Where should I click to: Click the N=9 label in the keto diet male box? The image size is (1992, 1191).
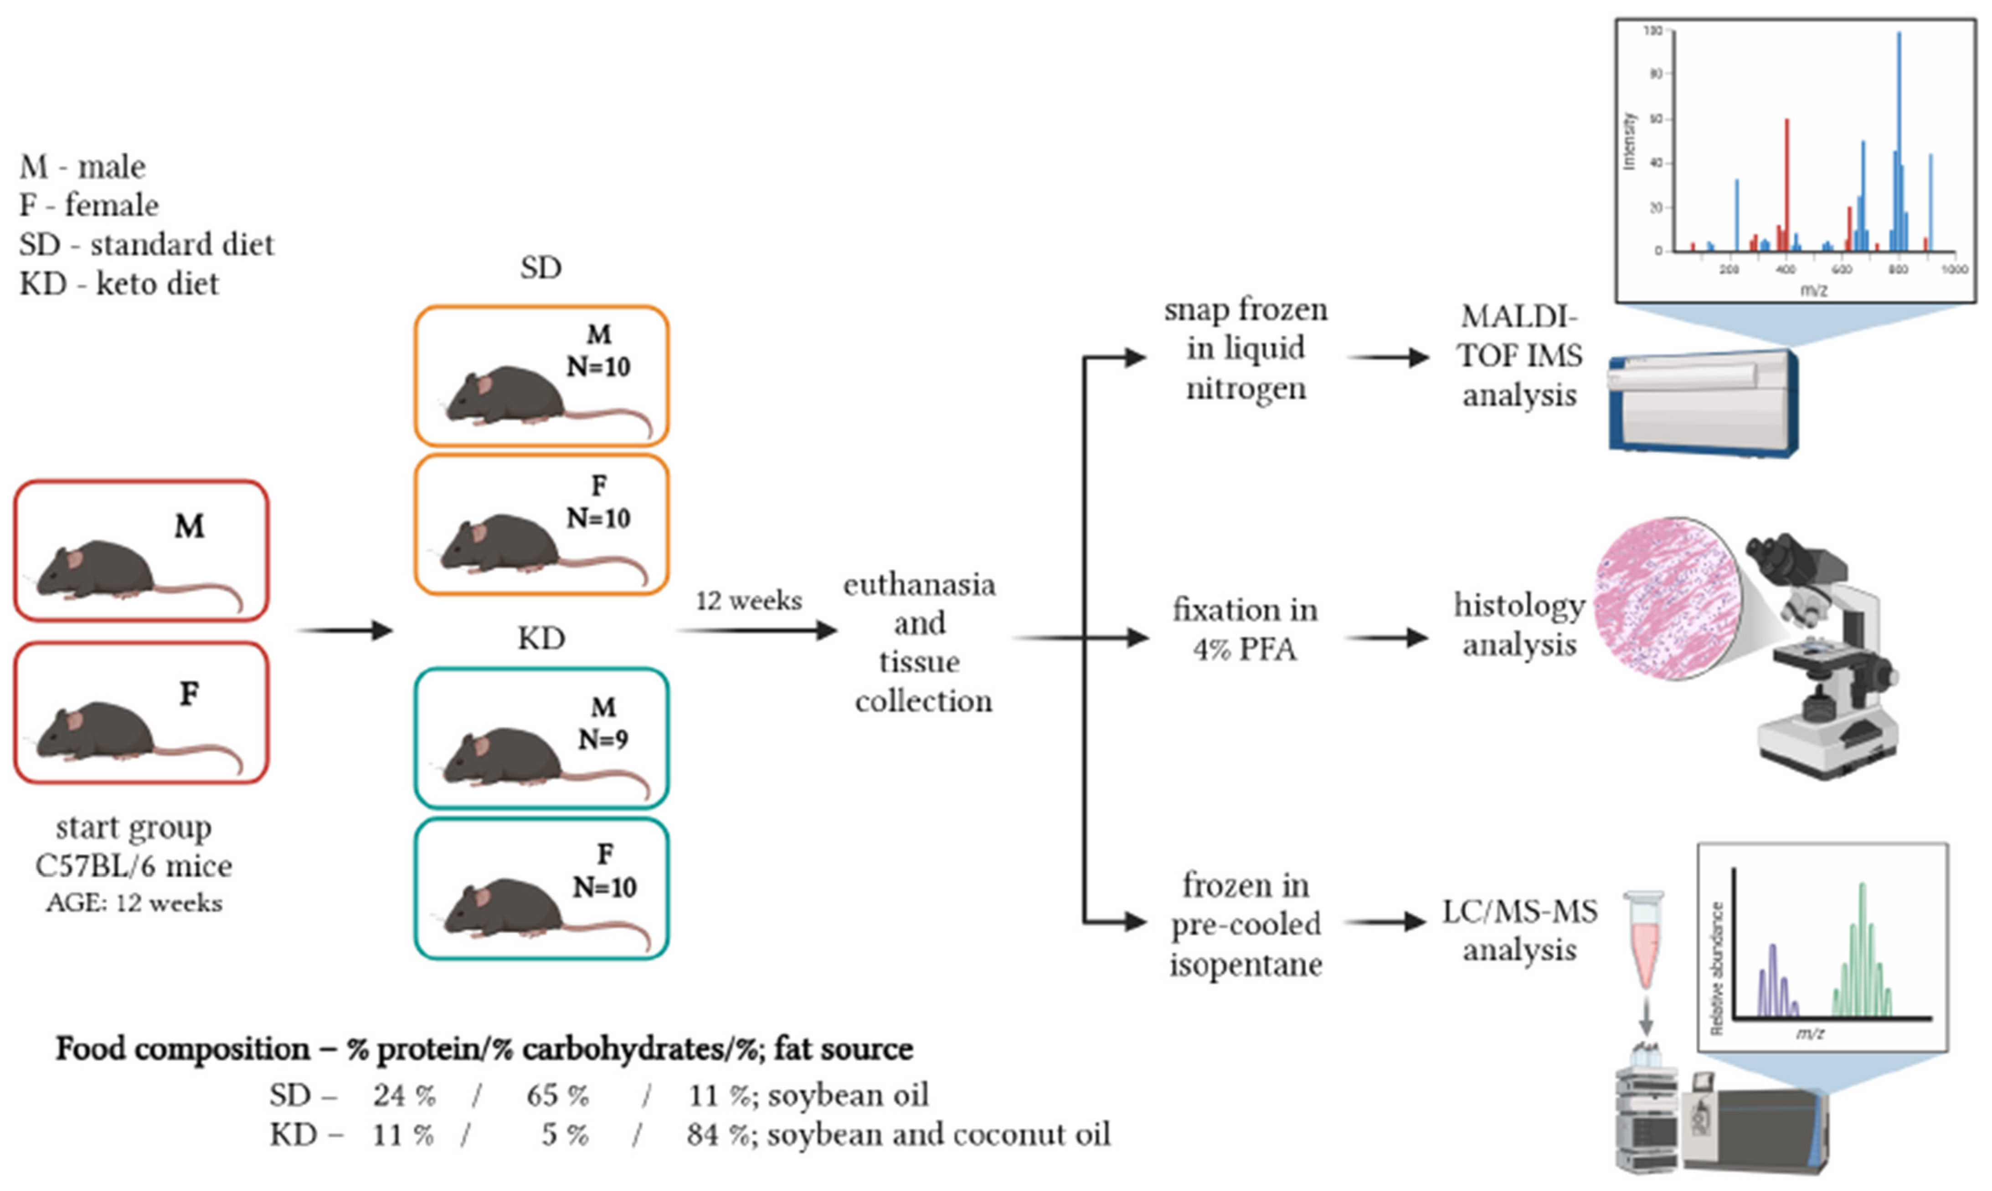[x=604, y=739]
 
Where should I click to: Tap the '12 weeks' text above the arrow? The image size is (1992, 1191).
[x=748, y=600]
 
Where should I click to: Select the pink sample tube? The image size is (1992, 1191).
[x=1644, y=939]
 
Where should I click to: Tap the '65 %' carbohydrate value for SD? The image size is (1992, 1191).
[x=557, y=1095]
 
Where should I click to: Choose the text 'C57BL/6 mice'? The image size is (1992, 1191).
[x=134, y=866]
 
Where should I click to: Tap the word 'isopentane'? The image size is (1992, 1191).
[x=1246, y=964]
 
